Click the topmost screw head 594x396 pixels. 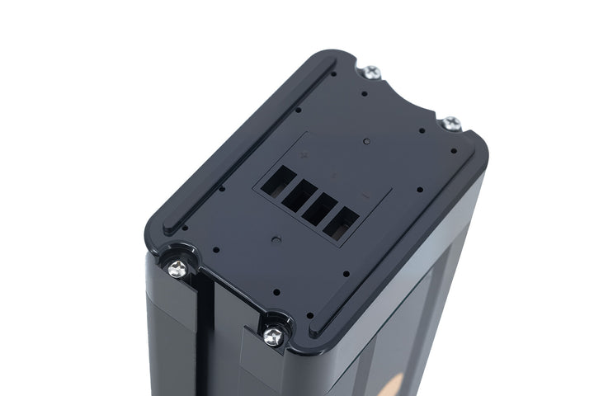tap(372, 73)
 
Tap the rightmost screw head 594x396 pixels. tap(450, 124)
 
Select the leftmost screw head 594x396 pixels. tap(177, 268)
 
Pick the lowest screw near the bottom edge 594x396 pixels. tap(274, 335)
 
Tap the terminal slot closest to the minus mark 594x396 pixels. tap(341, 223)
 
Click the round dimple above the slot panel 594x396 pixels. tap(365, 141)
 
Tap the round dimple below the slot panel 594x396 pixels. tap(276, 239)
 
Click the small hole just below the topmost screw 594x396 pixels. tap(363, 93)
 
